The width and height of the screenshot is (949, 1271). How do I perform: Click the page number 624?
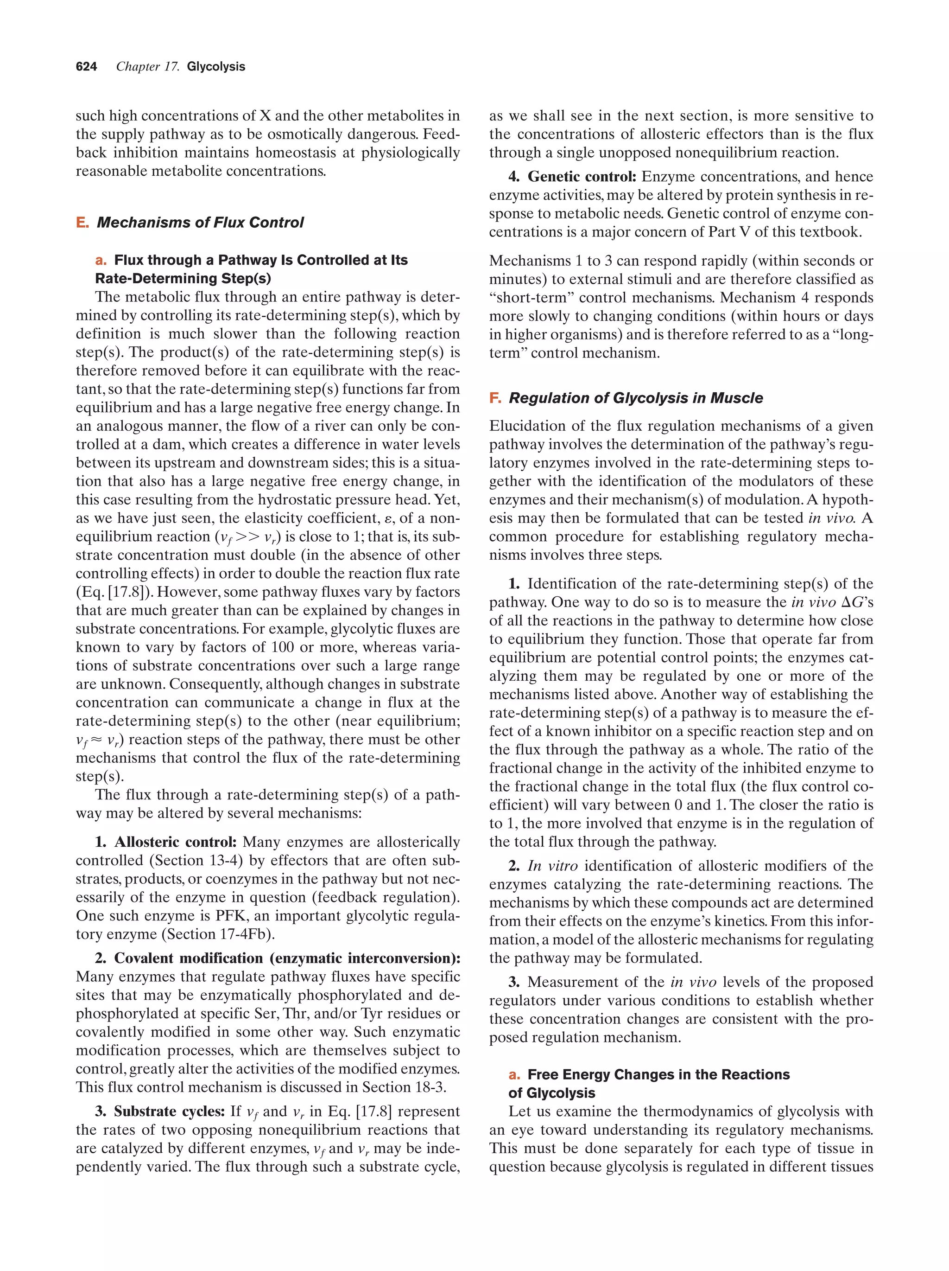pyautogui.click(x=86, y=67)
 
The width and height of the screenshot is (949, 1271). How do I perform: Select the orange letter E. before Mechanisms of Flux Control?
pyautogui.click(x=82, y=223)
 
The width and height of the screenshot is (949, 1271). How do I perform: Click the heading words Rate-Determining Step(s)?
pyautogui.click(x=183, y=278)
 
